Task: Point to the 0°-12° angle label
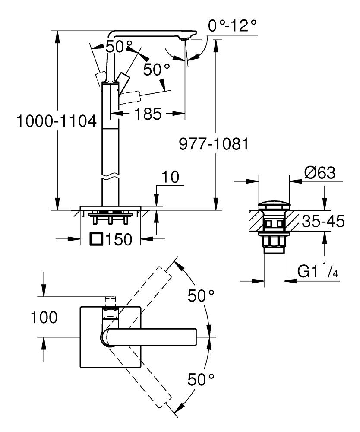[x=232, y=27]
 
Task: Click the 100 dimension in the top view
[x=44, y=318]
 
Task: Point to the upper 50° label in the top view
[x=201, y=296]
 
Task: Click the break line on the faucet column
[x=110, y=177]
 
